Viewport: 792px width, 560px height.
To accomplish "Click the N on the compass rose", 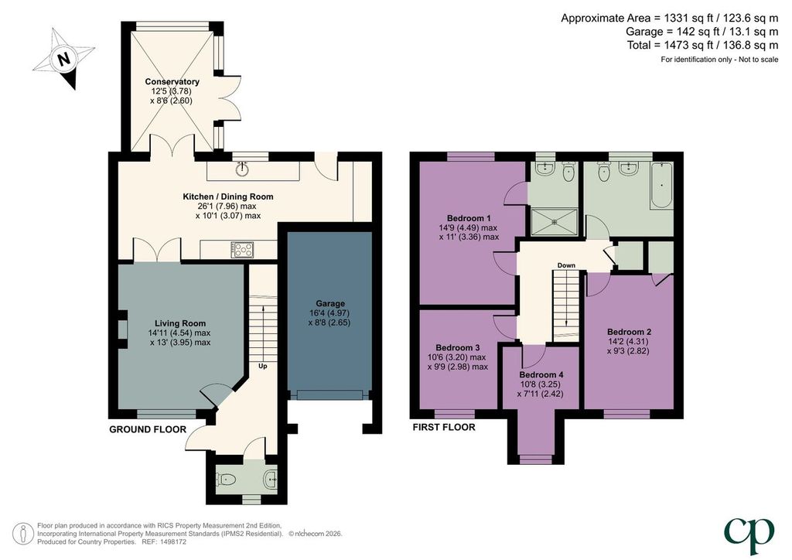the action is [63, 59].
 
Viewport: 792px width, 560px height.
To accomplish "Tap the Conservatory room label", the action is [172, 82].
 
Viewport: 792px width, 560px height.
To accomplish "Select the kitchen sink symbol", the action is [244, 168].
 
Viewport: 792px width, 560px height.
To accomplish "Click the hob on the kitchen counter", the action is [242, 250].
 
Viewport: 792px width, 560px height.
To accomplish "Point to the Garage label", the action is [330, 303].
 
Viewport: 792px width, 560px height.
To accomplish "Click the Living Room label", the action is [179, 323].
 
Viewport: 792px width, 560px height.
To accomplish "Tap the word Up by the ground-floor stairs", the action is [263, 366].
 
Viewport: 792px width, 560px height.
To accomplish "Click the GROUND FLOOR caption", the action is [148, 430].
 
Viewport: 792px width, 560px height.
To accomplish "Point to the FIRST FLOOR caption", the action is [444, 427].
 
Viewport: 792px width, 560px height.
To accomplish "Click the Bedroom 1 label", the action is [469, 218].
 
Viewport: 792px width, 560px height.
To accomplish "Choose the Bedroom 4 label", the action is [541, 374].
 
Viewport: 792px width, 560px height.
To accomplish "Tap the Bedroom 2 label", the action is [629, 332].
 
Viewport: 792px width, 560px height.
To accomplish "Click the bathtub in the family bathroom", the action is [661, 186].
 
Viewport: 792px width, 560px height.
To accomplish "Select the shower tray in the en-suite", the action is [554, 223].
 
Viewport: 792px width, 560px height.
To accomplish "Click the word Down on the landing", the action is [566, 265].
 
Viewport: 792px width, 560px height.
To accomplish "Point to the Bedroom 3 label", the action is [458, 347].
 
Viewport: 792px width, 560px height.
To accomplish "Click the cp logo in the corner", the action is [749, 534].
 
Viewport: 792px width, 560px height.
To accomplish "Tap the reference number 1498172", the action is [172, 541].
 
